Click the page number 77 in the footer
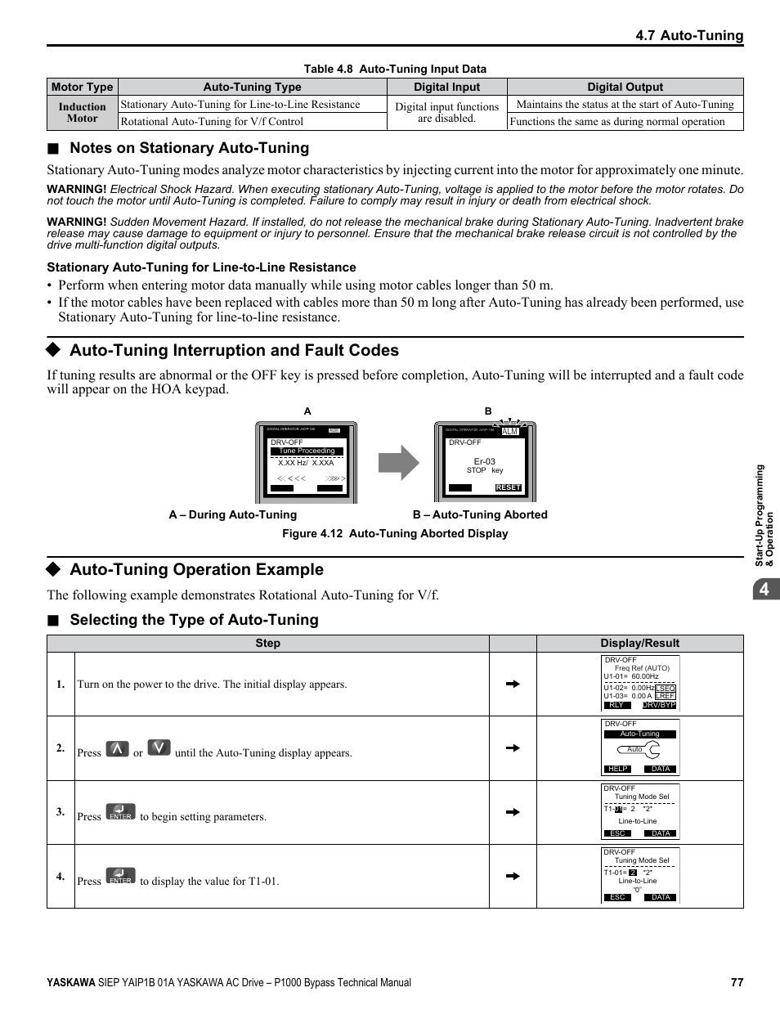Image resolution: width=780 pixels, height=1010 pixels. [x=737, y=982]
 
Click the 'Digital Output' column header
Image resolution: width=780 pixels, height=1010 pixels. [x=625, y=87]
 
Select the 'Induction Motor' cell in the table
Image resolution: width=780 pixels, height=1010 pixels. [x=82, y=113]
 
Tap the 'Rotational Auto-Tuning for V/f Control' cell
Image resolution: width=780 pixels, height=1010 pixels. [x=212, y=122]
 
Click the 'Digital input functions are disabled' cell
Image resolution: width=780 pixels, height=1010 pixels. [x=446, y=113]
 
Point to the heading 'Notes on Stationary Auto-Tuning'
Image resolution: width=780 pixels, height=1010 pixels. [x=189, y=148]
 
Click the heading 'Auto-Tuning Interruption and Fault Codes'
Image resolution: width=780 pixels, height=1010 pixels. [x=234, y=350]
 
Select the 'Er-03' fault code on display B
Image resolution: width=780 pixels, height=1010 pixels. [x=485, y=461]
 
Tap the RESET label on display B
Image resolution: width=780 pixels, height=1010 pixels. [x=508, y=487]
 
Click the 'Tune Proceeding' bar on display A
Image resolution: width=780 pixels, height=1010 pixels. [x=307, y=451]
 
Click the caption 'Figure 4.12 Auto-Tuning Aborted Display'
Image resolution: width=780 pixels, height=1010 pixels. [x=395, y=533]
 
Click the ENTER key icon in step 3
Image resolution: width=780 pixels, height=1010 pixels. [x=121, y=812]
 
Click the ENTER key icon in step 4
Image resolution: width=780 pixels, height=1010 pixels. [x=121, y=876]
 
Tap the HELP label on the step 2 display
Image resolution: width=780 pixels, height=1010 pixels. [x=618, y=769]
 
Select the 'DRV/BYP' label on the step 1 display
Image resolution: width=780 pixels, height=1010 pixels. [x=658, y=705]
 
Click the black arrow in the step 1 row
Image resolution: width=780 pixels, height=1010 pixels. [x=513, y=684]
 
